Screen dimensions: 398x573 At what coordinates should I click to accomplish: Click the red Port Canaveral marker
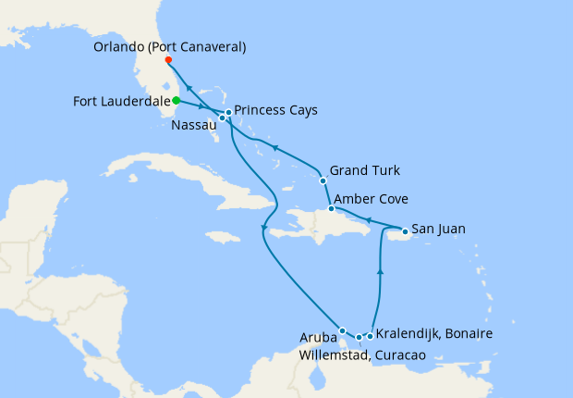168,61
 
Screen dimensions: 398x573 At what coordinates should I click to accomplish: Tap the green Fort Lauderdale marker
176,100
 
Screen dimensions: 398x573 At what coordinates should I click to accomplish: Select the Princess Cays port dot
228,112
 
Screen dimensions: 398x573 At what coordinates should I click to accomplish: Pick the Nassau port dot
223,118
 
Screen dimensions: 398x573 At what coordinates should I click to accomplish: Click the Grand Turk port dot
323,180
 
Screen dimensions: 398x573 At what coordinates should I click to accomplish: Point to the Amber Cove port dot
331,209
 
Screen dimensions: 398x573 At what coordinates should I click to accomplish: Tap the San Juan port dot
405,230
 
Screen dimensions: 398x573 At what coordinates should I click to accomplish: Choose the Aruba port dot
342,330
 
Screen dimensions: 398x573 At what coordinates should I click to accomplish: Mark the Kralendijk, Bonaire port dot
370,335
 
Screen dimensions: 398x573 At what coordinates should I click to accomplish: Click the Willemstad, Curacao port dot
359,337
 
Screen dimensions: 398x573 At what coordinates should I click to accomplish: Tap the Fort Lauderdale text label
119,101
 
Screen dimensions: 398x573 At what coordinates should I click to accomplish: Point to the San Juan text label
438,229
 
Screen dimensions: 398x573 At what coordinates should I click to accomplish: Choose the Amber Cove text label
371,199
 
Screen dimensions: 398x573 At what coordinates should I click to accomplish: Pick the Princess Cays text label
276,110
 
